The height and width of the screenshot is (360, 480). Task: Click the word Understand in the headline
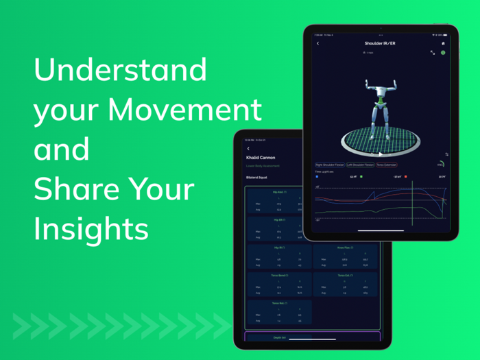pos(120,71)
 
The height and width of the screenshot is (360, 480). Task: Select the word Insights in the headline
pos(91,229)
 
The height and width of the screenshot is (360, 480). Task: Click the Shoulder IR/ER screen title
pos(380,43)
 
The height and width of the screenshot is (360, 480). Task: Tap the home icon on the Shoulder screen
pos(443,43)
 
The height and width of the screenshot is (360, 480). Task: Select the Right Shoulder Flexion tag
pos(330,165)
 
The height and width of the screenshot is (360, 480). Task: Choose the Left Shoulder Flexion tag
pos(360,165)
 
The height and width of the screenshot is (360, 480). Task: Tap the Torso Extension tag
pos(386,165)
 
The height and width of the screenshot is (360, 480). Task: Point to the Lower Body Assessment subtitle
pos(262,165)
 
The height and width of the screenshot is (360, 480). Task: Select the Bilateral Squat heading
pos(257,178)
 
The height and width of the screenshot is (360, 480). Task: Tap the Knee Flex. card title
pos(345,247)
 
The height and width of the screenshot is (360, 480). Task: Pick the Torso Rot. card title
pos(279,302)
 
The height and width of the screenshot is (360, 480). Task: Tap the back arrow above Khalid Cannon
pos(248,147)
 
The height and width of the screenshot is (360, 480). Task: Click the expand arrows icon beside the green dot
pos(433,52)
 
